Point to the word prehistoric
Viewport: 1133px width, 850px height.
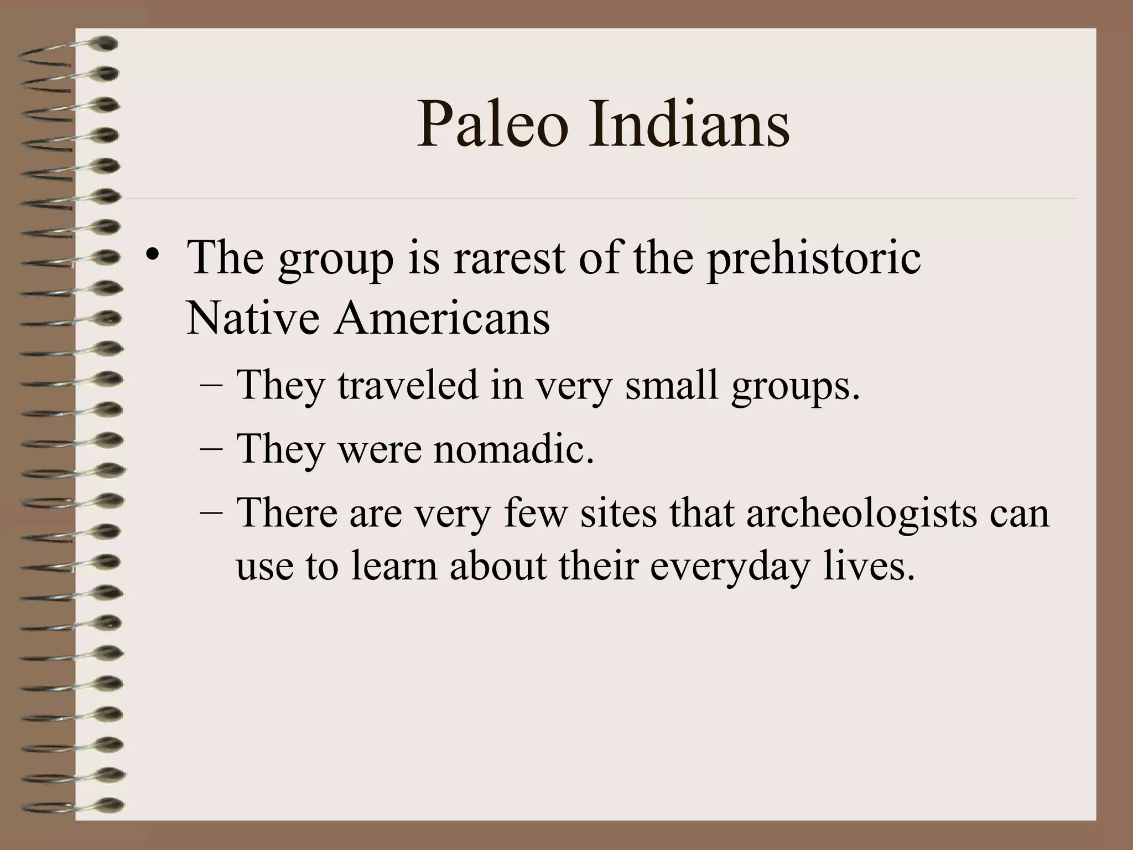click(814, 259)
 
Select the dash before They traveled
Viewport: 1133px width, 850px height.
click(210, 386)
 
